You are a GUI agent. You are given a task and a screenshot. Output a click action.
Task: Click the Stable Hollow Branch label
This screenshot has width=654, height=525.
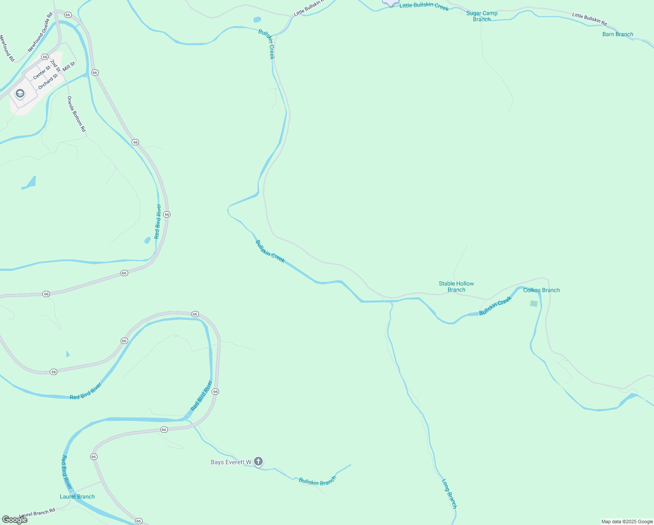coord(456,287)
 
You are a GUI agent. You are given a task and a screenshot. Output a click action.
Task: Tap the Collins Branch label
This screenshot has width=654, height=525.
coord(541,290)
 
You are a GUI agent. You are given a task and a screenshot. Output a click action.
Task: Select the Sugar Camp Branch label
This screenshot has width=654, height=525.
coord(482,16)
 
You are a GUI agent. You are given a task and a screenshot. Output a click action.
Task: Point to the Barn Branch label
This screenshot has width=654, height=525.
coord(617,34)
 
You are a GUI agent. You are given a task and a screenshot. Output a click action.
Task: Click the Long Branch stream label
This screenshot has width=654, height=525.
coord(449,493)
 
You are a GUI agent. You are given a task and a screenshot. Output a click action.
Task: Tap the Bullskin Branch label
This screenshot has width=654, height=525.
coord(317,481)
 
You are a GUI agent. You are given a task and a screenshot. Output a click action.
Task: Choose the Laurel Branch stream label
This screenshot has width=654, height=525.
coord(77,497)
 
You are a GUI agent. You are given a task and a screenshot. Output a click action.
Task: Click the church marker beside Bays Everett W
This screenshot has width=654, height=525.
coord(258,462)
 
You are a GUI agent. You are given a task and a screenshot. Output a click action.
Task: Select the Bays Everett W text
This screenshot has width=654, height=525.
coord(231,462)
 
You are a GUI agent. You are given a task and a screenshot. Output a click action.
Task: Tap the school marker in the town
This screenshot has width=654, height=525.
coord(20,94)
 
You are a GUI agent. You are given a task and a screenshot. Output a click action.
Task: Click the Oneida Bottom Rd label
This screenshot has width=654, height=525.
coord(77,114)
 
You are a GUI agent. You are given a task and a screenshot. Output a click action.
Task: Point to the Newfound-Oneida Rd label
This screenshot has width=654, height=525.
coord(40,32)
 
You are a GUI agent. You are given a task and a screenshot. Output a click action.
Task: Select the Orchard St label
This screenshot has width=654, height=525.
coord(48,81)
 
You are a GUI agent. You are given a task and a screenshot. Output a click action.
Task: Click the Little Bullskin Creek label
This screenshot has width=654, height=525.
coord(424,6)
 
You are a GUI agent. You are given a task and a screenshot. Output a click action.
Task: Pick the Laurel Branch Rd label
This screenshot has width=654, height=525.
coord(37,512)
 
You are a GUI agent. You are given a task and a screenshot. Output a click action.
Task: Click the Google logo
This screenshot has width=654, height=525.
coord(15,520)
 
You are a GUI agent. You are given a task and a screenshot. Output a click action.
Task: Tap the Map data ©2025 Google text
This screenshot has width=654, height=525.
coord(627,521)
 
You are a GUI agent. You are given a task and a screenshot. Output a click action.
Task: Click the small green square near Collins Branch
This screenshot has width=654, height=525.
coord(534,304)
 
